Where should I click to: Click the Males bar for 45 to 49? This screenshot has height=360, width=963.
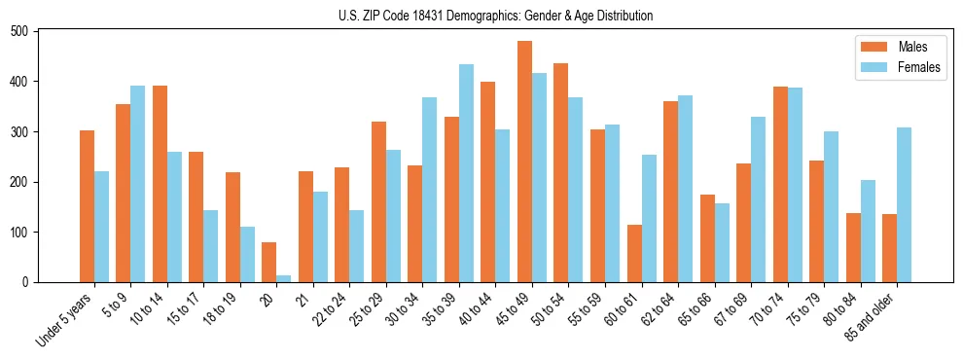[x=525, y=162]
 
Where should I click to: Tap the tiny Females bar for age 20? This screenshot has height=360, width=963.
[x=284, y=278]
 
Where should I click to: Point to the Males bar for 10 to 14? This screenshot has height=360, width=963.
[x=160, y=184]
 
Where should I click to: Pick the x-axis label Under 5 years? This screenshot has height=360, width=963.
[x=64, y=318]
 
